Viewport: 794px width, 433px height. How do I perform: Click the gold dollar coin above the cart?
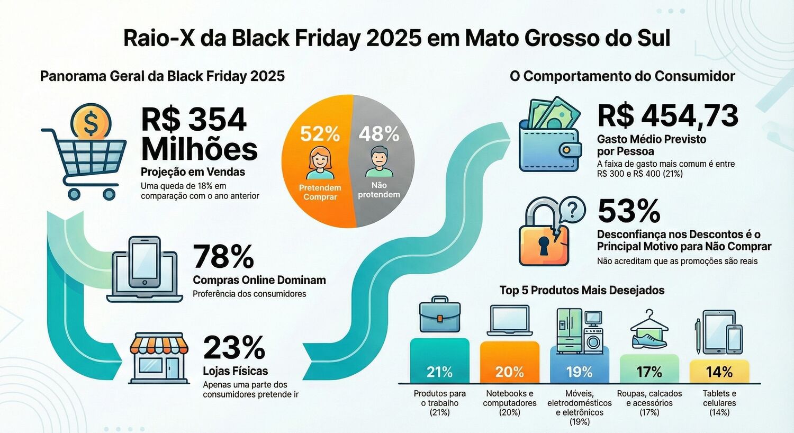91,122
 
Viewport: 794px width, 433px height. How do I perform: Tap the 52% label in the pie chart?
320,134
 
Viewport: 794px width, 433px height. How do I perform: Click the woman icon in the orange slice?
320,163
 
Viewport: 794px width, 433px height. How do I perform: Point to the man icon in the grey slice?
379,162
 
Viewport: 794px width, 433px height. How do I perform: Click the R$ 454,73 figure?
667,115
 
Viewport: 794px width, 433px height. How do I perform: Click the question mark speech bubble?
571,210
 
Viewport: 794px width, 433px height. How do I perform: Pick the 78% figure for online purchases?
223,257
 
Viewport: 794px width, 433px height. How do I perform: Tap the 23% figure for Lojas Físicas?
233,348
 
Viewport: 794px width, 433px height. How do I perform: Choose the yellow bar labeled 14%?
719,372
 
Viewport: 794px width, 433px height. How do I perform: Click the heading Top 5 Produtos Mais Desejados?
582,290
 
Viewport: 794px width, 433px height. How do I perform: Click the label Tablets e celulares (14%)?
719,403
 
